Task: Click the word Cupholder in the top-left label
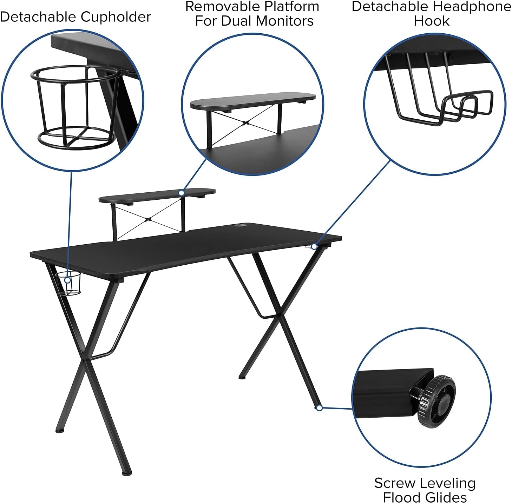tap(116, 17)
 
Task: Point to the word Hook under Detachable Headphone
tap(431, 21)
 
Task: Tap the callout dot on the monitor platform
tap(182, 193)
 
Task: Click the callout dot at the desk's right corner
tap(314, 246)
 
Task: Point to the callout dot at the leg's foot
tap(319, 408)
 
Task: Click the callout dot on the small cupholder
tap(67, 280)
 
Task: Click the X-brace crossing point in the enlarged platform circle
tap(247, 122)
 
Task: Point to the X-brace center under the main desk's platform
tap(149, 219)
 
